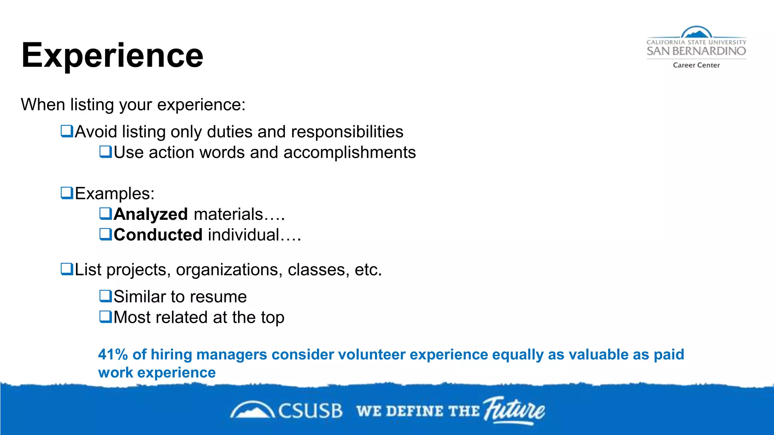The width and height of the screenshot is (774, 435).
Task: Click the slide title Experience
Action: tap(112, 56)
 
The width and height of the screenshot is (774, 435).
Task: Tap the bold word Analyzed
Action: tap(150, 214)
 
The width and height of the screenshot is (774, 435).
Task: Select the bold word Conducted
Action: tap(158, 235)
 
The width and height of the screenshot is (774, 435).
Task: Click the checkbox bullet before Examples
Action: tap(67, 193)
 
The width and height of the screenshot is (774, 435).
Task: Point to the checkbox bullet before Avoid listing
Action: tap(67, 131)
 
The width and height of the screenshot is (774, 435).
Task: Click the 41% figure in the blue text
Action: tap(113, 355)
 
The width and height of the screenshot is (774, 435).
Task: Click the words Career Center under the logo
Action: tap(696, 65)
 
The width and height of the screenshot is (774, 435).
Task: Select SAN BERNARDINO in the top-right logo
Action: tap(696, 51)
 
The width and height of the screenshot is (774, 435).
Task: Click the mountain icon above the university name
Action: tap(696, 32)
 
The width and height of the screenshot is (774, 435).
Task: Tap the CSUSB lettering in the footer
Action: tap(310, 411)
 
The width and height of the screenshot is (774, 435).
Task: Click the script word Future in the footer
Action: tap(515, 410)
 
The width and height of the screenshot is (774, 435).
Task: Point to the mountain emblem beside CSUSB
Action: tap(252, 410)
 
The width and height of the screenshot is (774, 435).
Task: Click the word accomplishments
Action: tap(349, 153)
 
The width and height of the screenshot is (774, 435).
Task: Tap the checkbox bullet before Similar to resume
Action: tap(105, 296)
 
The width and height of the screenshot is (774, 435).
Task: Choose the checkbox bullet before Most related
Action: tap(105, 316)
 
